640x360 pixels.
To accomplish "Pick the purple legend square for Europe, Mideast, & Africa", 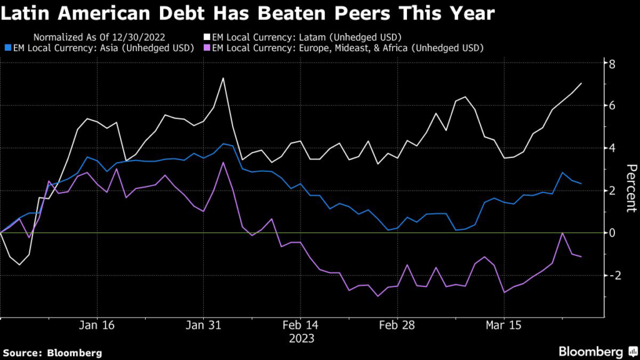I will [207, 47].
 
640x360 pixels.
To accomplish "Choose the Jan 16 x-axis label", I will [97, 326].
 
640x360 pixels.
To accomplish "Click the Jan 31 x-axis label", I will [204, 326].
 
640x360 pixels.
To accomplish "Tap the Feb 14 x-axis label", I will [301, 326].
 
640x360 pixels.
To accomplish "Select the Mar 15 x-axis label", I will [504, 326].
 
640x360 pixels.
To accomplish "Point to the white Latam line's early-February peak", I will [223, 78].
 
